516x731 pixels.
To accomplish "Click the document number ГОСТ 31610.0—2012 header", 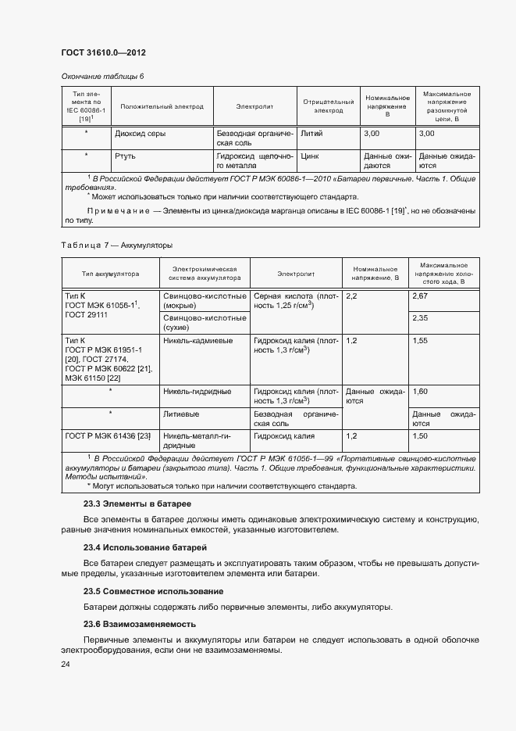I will point(103,52).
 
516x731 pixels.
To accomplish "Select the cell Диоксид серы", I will point(141,134).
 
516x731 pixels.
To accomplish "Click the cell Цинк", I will point(310,156).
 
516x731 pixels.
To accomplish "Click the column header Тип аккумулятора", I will point(110,274).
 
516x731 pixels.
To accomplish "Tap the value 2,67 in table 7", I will point(420,297).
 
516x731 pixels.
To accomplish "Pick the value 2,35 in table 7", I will point(420,318).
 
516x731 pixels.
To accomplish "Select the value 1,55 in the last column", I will point(420,341).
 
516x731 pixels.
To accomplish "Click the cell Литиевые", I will point(180,414).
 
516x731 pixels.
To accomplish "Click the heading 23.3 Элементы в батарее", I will point(137,504).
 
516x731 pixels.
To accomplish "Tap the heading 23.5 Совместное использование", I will point(153,591).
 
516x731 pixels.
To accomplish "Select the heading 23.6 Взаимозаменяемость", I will point(140,624).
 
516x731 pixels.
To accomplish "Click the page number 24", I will point(66,665).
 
